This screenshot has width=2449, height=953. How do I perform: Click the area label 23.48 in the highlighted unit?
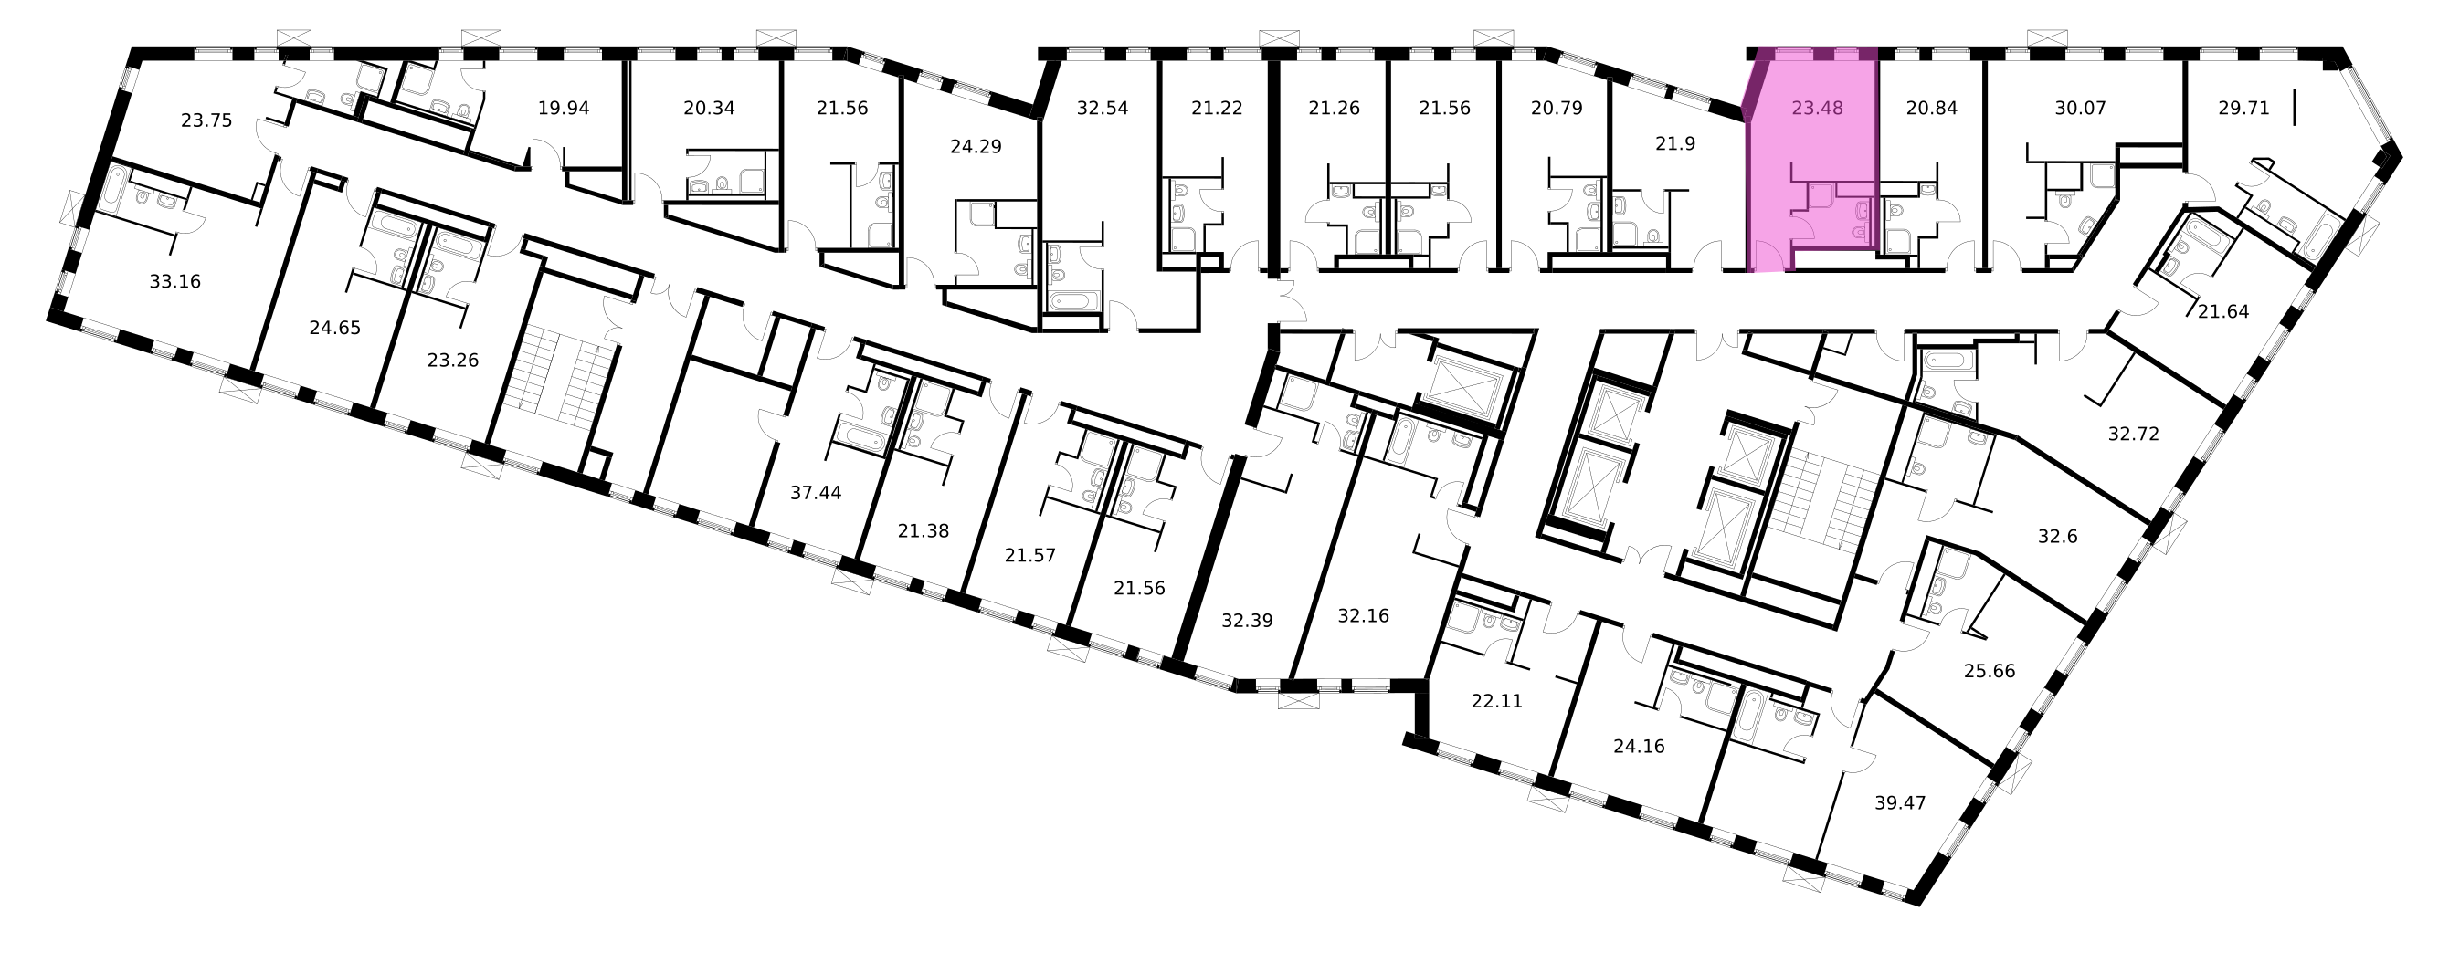1817,109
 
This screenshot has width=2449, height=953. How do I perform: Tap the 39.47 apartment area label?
1899,803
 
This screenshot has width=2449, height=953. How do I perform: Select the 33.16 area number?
175,281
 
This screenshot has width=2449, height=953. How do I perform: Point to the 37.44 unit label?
816,492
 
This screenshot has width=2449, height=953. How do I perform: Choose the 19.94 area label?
564,109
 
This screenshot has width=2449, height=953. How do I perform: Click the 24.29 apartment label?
976,146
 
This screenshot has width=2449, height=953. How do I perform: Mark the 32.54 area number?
1103,109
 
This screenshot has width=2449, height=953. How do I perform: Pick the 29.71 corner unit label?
2243,109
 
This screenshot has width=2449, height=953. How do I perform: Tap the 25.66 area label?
1990,671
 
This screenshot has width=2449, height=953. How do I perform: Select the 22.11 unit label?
1496,701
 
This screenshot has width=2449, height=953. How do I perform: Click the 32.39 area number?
1247,621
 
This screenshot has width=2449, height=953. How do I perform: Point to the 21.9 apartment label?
1675,144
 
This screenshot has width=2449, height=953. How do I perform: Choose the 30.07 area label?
2080,109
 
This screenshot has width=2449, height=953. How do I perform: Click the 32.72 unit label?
2133,435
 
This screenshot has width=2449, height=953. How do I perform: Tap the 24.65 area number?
334,328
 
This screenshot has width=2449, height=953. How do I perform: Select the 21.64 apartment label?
2222,310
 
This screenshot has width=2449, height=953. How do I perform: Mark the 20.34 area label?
709,109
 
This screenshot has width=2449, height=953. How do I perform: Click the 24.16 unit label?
1639,747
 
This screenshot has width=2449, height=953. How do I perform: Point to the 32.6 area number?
2057,537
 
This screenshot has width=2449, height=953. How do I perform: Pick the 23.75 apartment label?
206,120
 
